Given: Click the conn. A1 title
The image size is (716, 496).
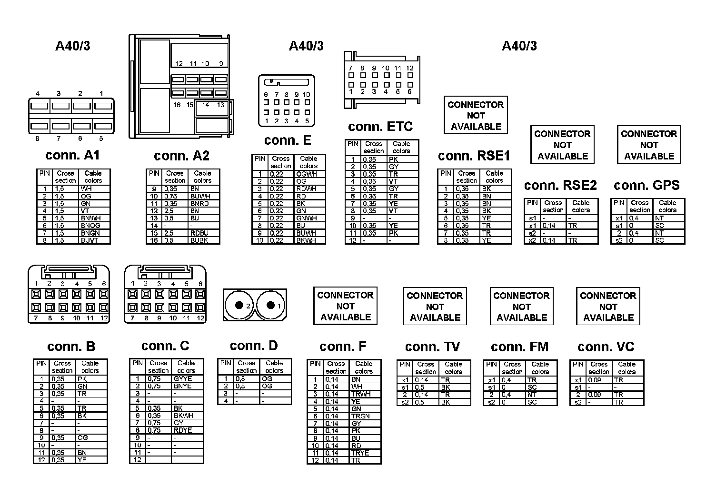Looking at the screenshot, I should coord(72,156).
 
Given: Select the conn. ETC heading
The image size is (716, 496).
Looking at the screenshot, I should coord(380,127).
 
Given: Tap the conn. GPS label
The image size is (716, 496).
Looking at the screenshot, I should coord(646,185).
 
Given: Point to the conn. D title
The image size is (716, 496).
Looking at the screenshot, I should coord(253,346).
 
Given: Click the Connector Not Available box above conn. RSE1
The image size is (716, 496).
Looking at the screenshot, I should coord(476,116).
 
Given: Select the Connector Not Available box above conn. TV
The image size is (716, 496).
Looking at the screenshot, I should coord(435,307).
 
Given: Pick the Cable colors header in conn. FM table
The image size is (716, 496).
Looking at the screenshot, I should coord(540,368).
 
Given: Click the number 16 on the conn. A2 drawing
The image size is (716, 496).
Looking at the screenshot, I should coord(177,105).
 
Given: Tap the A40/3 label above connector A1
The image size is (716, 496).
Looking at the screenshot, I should coord(73,46).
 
